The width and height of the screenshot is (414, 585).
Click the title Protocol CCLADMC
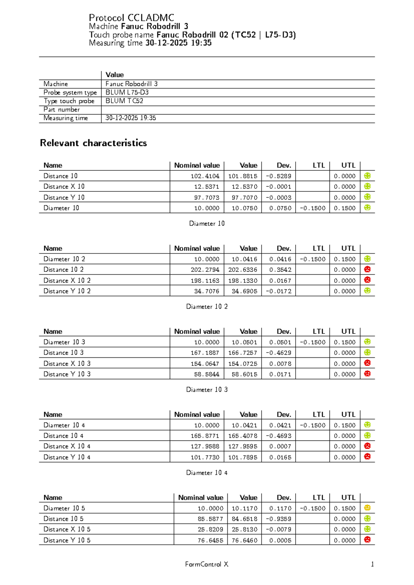pos(131,18)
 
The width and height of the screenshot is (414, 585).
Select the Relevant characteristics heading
pos(93,143)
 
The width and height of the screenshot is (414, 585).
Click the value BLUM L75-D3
pos(127,92)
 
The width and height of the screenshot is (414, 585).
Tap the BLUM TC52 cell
pos(124,101)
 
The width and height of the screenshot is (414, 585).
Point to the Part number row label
pos(61,110)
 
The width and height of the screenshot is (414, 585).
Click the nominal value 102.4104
pos(205,176)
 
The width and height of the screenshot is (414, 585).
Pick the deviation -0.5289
pos(278,176)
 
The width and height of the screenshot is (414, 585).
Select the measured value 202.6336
pos(243,270)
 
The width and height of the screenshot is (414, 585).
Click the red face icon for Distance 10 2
pos(367,269)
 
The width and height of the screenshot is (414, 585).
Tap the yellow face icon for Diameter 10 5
pos(367,508)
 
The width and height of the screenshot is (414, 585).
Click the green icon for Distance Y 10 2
pos(367,291)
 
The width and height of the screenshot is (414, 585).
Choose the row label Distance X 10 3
pos(67,364)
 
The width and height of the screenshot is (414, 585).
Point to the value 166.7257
pos(243,353)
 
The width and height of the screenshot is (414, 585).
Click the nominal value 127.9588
pos(205,446)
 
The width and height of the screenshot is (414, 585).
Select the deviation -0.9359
pos(278,519)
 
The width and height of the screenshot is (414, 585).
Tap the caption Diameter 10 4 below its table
pos(207,473)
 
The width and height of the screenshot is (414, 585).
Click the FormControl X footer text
pos(207,564)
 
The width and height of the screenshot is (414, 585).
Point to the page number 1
pos(372,564)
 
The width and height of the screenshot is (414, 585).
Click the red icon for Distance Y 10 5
pos(367,540)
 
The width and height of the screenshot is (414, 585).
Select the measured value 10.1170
pos(244,508)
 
